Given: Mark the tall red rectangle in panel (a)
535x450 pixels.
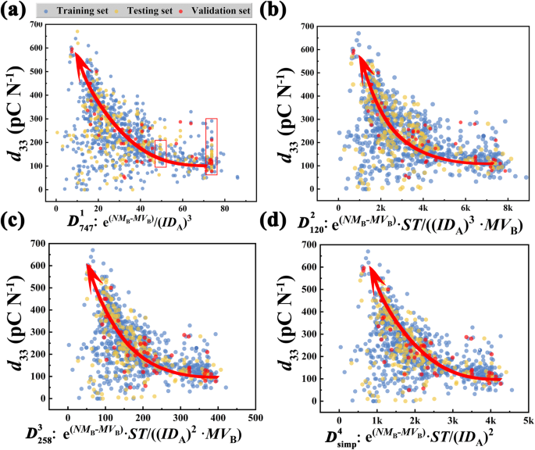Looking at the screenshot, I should point(211,147).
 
